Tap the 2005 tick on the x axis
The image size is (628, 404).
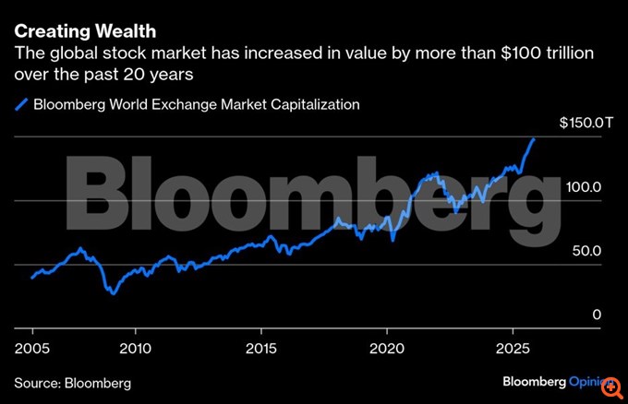tap(31, 349)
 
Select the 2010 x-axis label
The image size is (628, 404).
tap(135, 349)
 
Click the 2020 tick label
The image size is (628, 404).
tap(388, 349)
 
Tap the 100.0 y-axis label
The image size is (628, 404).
tap(584, 186)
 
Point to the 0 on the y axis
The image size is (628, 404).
tap(597, 315)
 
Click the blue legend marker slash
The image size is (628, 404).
tap(21, 104)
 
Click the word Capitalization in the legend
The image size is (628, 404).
tap(310, 104)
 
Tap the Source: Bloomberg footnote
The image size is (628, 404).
tap(72, 382)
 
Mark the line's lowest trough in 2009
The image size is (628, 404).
tap(113, 293)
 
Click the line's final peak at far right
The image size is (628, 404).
tap(533, 138)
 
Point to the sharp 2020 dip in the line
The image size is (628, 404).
tap(393, 241)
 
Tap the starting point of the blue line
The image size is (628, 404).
tap(31, 278)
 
